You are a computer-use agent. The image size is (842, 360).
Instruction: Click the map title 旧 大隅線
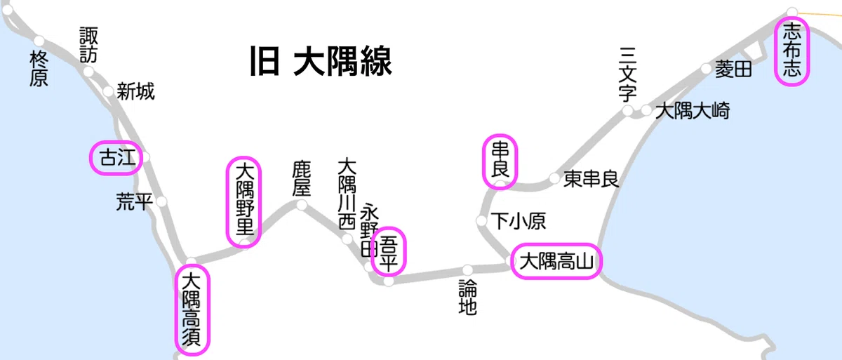[x=321, y=61]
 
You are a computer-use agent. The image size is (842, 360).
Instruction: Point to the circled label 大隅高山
[x=556, y=261]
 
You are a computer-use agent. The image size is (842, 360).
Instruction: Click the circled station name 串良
[x=500, y=160]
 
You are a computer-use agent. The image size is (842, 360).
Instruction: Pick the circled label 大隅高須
[x=192, y=309]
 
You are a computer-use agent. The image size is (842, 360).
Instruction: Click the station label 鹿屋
[x=302, y=178]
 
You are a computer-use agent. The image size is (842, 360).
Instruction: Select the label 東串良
[x=591, y=179]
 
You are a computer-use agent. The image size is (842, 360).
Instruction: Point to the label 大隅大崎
[x=693, y=111]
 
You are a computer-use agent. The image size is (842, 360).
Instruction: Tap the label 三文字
[x=627, y=74]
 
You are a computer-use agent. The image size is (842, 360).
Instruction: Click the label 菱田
[x=733, y=69]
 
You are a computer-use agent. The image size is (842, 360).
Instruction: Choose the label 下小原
[x=519, y=221]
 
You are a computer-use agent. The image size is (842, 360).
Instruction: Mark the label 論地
[x=467, y=297]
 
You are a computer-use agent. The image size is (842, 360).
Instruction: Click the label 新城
[x=135, y=91]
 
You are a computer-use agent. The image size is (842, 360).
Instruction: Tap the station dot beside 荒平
[x=161, y=202]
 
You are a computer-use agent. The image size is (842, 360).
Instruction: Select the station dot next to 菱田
[x=706, y=69]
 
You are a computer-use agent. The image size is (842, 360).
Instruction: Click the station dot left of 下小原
[x=481, y=220]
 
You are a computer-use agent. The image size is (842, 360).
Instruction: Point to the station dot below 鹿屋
[x=302, y=205]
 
